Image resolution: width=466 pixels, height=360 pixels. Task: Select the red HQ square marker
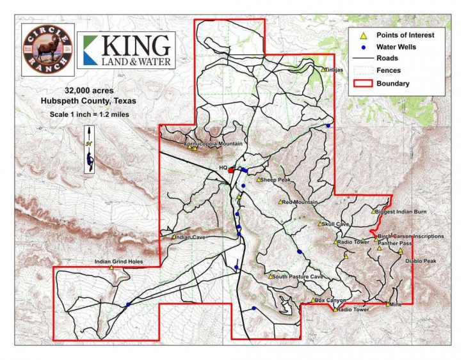pyautogui.click(x=231, y=170)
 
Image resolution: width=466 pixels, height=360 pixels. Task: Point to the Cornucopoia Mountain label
pyautogui.click(x=213, y=144)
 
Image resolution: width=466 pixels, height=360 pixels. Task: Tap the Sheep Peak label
pyautogui.click(x=276, y=180)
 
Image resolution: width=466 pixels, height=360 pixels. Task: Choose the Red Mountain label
pyautogui.click(x=300, y=202)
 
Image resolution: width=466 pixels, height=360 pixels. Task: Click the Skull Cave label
pyautogui.click(x=335, y=224)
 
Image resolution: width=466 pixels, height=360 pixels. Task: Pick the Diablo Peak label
pyautogui.click(x=421, y=261)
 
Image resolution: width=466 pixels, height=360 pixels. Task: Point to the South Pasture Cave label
pyautogui.click(x=298, y=277)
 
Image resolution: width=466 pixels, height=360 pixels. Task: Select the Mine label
pyautogui.click(x=395, y=304)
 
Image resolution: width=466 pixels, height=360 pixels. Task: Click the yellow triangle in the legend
pyautogui.click(x=362, y=35)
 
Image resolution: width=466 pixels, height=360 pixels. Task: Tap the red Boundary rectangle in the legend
pyautogui.click(x=362, y=83)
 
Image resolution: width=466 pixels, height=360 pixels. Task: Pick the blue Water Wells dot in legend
pyautogui.click(x=362, y=47)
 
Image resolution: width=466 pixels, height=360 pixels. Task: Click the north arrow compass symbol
pyautogui.click(x=89, y=150)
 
